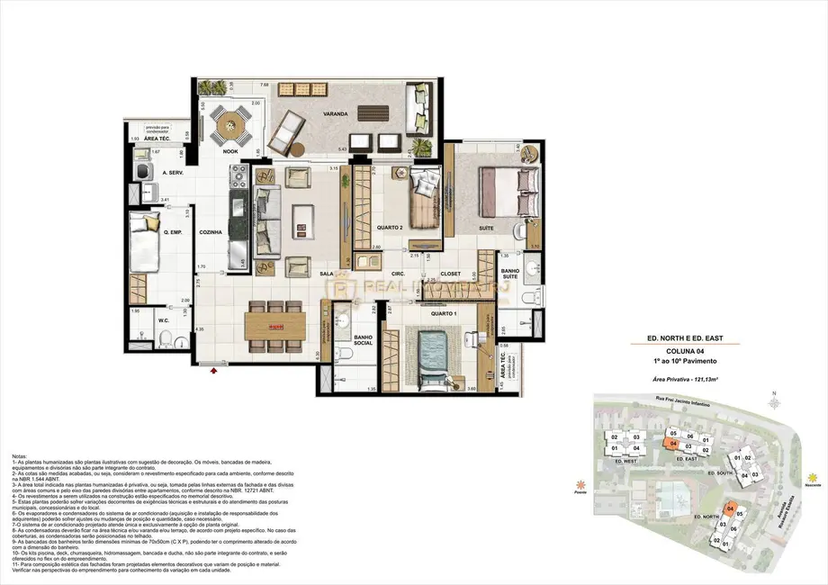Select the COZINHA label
tap(210, 231)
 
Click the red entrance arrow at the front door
tap(214, 368)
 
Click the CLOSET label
tap(450, 274)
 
